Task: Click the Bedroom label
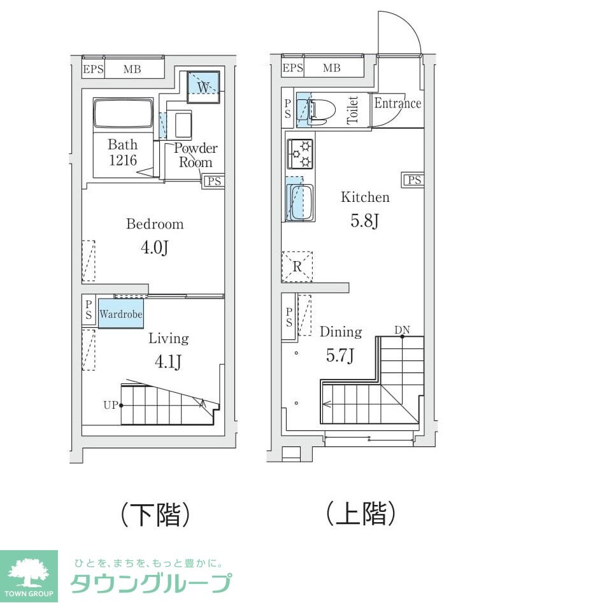click(155, 224)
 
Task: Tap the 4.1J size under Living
click(169, 362)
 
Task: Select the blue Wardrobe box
click(120, 315)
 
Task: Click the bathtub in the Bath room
click(123, 114)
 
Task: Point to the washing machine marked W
click(203, 86)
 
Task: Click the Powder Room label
click(196, 155)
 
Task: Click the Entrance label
click(397, 103)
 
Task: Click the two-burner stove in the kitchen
click(300, 153)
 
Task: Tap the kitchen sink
click(299, 202)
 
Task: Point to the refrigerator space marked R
click(297, 267)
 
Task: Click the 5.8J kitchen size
click(365, 221)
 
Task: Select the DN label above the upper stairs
click(402, 329)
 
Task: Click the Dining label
click(341, 332)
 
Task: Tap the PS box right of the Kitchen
click(413, 180)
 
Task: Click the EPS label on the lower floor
click(93, 69)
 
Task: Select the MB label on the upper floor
click(331, 68)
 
